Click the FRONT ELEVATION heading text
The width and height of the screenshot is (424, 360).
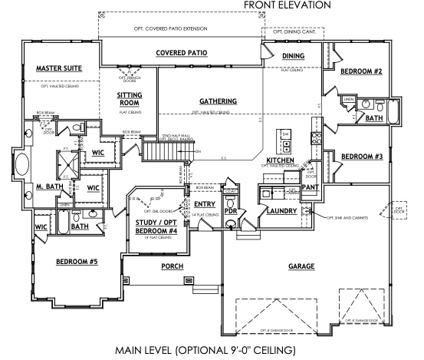click(287, 5)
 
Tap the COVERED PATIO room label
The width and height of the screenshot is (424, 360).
click(182, 54)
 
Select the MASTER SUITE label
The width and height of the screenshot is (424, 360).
click(59, 68)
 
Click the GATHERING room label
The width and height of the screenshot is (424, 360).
click(217, 101)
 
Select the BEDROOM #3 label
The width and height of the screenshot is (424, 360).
click(361, 157)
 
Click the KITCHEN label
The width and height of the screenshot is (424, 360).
click(281, 160)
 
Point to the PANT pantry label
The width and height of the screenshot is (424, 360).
click(311, 187)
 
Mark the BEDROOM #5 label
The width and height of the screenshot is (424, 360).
click(77, 261)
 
